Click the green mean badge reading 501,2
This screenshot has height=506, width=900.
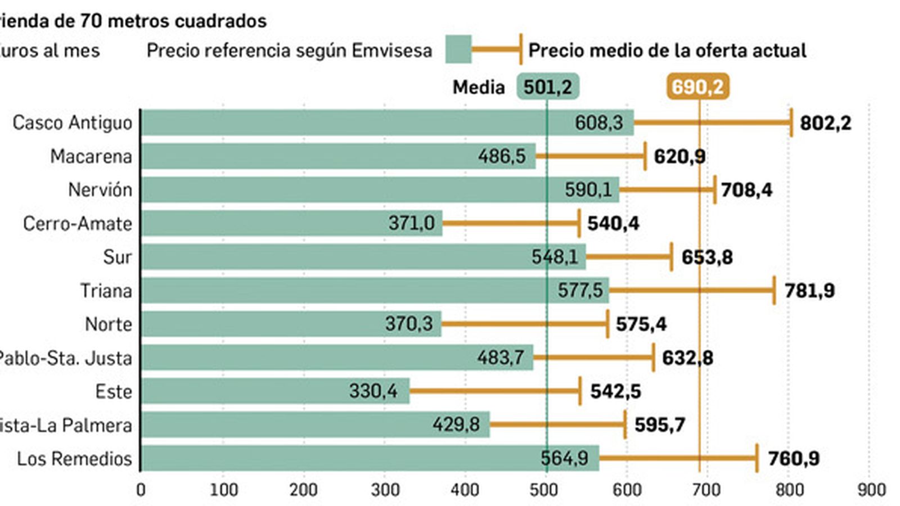pos(547,87)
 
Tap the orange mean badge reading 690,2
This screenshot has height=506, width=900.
pos(697,87)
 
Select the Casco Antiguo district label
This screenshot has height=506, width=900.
pos(72,123)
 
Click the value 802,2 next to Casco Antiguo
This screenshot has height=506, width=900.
pos(825,123)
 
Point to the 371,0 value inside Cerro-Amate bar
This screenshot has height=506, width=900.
pos(411,223)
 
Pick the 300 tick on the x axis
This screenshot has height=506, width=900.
pos(385,490)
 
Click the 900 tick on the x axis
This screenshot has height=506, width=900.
pos(871,490)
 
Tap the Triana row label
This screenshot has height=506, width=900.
pos(106,291)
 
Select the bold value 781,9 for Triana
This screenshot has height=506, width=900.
pos(809,291)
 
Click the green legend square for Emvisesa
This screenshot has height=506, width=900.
pos(458,49)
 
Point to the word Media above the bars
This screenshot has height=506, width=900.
pos(479,87)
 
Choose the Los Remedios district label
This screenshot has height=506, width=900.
pos(74,459)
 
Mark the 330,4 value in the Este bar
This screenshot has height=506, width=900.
pos(373,391)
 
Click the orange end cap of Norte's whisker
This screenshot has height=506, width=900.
pos(607,324)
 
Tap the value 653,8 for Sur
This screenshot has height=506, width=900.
pos(706,257)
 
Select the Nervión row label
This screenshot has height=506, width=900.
pos(100,190)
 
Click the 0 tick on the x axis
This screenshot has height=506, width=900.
pos(141,490)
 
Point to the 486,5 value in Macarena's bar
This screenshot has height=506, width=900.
pos(502,156)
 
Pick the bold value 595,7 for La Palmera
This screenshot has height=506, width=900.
pos(659,425)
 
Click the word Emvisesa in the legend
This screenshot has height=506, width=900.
pos(391,51)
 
